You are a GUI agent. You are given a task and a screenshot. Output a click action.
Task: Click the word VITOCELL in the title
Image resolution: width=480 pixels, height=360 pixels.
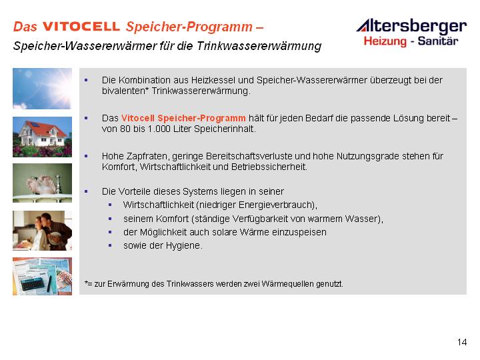tap(81, 26)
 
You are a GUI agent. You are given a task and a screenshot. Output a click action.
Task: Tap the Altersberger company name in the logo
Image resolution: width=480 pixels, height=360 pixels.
tap(412, 26)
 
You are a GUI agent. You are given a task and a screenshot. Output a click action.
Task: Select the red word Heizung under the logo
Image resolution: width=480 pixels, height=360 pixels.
tap(385, 41)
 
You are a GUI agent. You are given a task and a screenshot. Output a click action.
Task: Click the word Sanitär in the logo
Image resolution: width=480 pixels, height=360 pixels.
tap(438, 41)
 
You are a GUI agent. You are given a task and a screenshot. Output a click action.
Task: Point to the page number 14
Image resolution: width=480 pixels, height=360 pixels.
tap(462, 342)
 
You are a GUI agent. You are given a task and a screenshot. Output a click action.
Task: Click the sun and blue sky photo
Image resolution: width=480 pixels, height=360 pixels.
tap(42, 89)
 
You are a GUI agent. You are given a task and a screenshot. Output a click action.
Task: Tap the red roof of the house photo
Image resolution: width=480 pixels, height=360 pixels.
tap(46, 128)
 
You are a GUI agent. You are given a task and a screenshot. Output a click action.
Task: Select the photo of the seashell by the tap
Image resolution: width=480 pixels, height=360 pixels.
tap(42, 183)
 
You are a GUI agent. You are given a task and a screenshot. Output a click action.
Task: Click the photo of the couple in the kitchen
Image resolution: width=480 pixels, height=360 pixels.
tap(42, 231)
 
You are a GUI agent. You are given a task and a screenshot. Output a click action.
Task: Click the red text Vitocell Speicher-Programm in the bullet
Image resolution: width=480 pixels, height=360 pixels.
tap(183, 118)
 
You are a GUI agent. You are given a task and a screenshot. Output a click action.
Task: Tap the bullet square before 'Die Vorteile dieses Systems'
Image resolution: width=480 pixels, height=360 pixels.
tap(86, 191)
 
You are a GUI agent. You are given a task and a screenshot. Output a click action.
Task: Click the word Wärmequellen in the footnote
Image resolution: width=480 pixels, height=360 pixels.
tap(287, 284)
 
